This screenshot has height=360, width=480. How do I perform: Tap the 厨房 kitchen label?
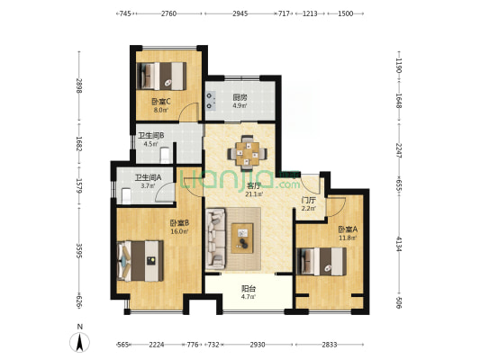coord(240,98)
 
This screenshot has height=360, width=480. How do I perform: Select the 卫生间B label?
coord(151,135)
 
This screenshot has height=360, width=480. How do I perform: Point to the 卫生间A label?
coord(149,177)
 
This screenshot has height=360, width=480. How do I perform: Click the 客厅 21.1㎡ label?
coord(254,189)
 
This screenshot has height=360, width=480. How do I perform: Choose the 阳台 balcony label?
coord(249,288)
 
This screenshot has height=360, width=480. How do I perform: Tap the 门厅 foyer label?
coord(308,201)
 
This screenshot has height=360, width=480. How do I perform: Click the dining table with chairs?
coord(247,153)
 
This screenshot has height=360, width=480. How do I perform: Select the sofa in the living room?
coord(216,238)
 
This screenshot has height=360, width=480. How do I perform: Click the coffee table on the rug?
coord(242,238)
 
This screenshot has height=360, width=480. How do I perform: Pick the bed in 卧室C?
coord(161,76)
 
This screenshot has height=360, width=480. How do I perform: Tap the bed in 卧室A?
coord(322,262)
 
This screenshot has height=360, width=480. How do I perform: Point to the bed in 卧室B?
coord(140,261)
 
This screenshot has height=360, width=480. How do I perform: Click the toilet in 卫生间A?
coord(126,196)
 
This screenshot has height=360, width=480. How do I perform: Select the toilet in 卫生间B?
coord(165,155)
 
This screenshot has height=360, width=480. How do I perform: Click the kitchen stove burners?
coord(210,101)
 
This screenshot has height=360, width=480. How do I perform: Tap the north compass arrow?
coord(79,342)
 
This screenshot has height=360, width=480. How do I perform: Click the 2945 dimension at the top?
coord(240,13)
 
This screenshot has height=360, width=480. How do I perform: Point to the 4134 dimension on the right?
coord(398,244)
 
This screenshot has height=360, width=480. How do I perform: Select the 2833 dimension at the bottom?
coord(330,345)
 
